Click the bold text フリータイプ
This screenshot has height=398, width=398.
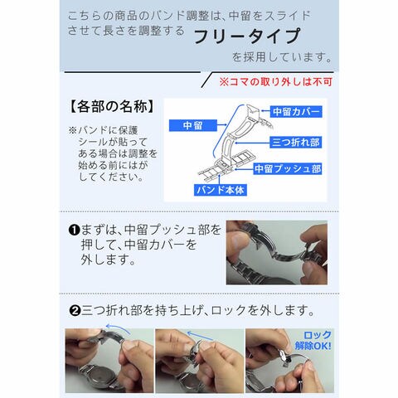247,36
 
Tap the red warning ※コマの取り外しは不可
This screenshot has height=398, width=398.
275,81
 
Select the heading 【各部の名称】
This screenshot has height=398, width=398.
112,106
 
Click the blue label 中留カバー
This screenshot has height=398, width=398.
296,112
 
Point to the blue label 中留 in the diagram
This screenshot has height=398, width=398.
193,125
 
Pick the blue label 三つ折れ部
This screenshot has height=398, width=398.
296,143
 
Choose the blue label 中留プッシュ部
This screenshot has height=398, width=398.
288,168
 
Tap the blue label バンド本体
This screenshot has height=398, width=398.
221,190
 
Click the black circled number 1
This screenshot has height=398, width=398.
74,231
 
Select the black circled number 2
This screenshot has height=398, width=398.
75,311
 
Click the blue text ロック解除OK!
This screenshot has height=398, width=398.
313,341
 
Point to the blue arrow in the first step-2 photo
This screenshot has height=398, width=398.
118,328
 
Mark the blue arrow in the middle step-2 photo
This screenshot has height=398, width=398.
200,336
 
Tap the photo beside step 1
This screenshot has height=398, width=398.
277,252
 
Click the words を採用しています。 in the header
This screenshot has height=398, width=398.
282,57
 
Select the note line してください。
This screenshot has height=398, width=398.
111,177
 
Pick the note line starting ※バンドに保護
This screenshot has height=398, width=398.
103,130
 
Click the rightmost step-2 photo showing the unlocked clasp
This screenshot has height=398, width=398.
289,361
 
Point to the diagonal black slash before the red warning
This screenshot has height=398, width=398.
207,80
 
